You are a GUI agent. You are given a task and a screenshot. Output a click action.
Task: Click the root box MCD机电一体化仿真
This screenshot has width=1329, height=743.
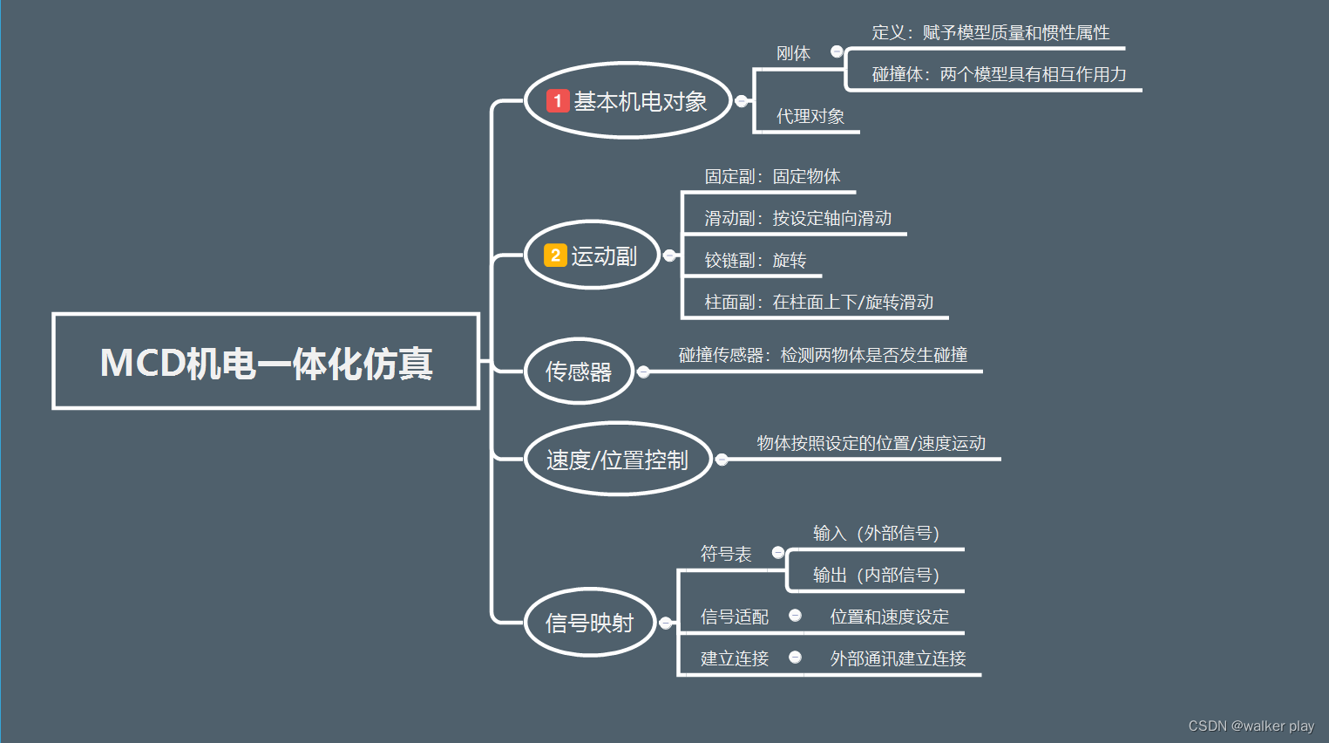[x=266, y=362]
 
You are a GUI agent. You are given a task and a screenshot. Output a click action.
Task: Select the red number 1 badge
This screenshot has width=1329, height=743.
[x=558, y=101]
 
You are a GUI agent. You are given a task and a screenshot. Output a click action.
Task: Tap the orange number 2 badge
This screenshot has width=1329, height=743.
[x=555, y=256]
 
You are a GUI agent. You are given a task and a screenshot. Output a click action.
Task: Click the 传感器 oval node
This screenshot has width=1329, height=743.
[x=579, y=371]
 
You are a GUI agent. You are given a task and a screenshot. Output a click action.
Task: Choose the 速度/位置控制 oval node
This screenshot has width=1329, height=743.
[x=618, y=460]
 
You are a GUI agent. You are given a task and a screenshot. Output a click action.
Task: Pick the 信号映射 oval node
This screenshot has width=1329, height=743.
[x=589, y=623]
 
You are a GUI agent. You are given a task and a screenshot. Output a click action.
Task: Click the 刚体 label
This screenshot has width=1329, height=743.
[x=793, y=53]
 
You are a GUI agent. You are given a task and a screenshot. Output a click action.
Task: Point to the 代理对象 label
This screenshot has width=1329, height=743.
[x=810, y=116]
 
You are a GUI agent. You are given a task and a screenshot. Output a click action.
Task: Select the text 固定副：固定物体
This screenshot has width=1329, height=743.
[x=772, y=176]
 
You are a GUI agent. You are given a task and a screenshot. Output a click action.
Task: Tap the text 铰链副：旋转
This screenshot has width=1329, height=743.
[x=755, y=260]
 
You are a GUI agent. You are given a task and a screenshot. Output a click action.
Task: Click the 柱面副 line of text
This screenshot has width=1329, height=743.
[x=818, y=302]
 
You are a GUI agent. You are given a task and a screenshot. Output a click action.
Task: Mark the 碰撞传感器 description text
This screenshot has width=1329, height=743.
[x=823, y=355]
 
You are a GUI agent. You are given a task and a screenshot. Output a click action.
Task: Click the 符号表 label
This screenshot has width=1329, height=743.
[x=726, y=554]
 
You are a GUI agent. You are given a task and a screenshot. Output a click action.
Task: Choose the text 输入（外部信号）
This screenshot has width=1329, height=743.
[x=876, y=533]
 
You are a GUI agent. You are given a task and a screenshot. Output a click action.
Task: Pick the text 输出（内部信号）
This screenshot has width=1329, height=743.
[x=876, y=575]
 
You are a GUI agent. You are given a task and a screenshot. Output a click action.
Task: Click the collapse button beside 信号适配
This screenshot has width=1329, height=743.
[x=795, y=616]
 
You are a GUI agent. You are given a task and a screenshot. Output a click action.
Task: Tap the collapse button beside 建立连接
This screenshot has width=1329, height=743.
[x=795, y=658]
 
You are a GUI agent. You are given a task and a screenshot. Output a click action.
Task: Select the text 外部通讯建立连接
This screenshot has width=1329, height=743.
[x=898, y=658]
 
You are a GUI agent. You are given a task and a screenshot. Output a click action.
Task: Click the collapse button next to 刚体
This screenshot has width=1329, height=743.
[x=837, y=51]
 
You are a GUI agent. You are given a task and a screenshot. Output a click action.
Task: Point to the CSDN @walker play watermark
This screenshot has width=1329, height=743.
[x=1251, y=726]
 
